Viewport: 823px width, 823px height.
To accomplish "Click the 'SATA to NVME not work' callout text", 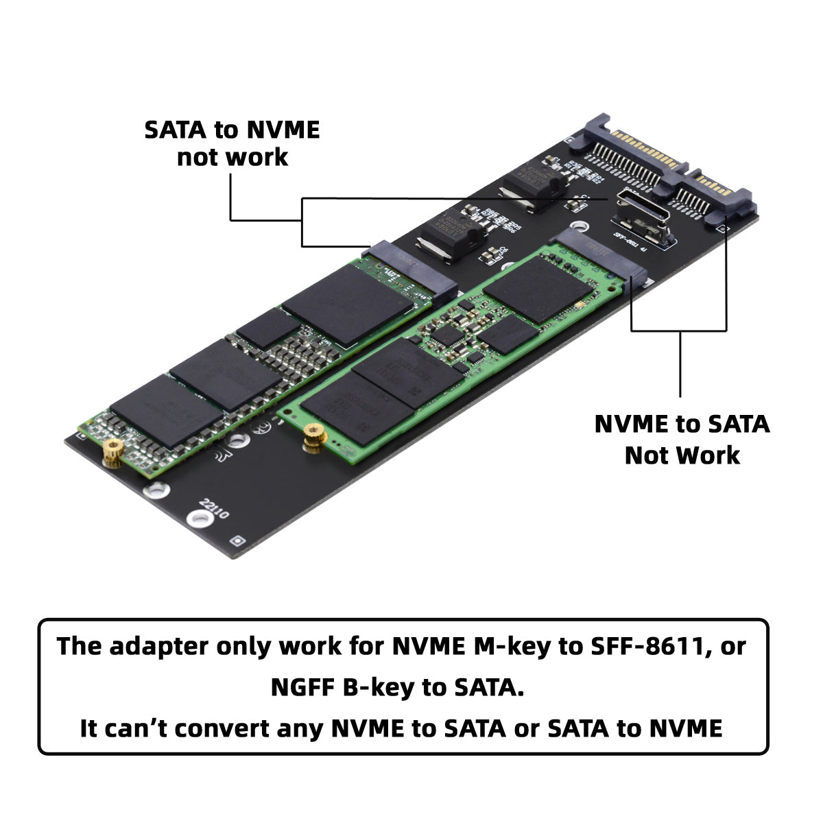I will tap(232, 143).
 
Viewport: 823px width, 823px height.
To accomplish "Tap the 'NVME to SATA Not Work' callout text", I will tap(682, 440).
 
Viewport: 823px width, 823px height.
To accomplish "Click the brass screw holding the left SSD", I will tap(112, 453).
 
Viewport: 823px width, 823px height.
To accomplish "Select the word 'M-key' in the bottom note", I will tap(511, 646).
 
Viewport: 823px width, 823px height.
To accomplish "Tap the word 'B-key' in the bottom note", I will tap(379, 687).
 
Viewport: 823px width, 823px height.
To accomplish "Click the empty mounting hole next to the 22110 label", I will tap(198, 521).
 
